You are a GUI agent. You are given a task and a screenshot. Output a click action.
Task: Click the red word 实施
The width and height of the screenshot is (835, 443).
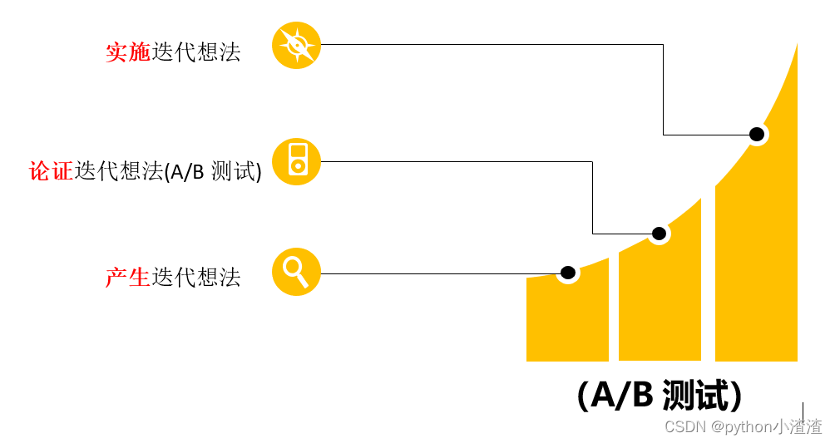pos(127,52)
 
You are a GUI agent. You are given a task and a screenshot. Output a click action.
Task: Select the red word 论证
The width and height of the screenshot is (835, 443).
pos(52,171)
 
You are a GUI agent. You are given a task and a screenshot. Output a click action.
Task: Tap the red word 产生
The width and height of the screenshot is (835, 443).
pos(127,277)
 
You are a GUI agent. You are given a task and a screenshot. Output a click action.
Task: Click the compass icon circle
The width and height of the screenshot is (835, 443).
pos(296,45)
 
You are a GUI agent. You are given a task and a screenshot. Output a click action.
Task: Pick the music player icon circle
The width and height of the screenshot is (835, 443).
pos(296,161)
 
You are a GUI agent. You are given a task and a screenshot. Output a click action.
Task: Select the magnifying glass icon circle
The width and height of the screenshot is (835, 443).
pos(296,272)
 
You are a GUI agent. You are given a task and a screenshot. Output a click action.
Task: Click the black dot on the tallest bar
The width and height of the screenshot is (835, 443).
pos(756,134)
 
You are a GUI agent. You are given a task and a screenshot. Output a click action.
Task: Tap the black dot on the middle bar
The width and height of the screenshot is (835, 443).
pos(659,234)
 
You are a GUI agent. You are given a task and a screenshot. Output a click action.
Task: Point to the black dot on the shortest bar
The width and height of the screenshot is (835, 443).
pos(568,273)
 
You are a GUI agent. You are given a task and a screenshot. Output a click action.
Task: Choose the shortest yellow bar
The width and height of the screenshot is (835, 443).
pos(567,320)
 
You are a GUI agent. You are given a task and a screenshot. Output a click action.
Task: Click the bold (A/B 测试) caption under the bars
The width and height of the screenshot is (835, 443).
pos(660,396)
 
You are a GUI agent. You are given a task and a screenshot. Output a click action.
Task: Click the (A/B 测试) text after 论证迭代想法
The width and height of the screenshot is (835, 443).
pos(213,172)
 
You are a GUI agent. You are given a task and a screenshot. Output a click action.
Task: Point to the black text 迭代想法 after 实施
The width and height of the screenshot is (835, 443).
pos(196,52)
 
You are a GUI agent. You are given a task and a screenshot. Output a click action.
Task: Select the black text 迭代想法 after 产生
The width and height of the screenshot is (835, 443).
pos(196,277)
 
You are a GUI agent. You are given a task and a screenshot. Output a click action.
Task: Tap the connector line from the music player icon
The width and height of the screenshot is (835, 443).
pos(457,161)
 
